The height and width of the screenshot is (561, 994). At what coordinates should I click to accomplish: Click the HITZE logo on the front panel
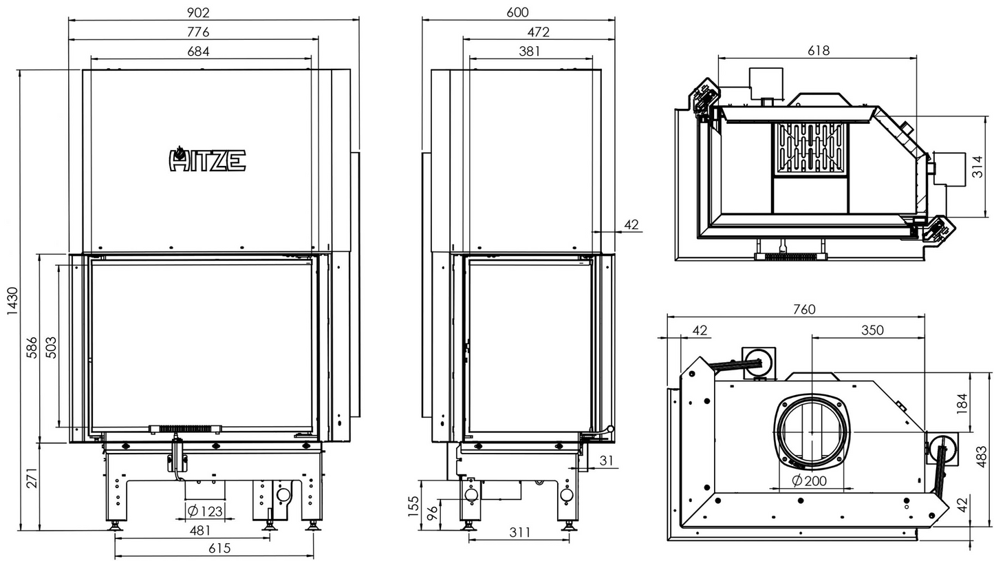207,160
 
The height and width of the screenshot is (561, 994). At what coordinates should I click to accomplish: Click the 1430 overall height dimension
12,301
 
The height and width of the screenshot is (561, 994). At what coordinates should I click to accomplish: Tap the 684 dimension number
197,51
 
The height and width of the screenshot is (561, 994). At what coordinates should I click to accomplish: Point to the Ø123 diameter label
205,511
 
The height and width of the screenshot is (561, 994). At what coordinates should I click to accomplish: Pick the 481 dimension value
199,530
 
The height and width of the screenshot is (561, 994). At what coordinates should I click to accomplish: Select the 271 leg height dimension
32,477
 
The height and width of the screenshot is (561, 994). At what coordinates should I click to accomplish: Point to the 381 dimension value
530,51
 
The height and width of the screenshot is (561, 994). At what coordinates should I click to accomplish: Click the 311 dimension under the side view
520,531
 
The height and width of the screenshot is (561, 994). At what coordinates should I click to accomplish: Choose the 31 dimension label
605,461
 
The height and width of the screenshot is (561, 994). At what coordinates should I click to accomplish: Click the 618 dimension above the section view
819,50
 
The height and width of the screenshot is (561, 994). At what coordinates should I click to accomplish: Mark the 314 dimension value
977,167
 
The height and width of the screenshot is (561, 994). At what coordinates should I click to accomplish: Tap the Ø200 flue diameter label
809,481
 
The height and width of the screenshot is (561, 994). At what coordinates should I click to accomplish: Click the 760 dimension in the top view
803,310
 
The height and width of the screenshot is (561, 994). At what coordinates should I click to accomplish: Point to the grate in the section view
810,147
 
